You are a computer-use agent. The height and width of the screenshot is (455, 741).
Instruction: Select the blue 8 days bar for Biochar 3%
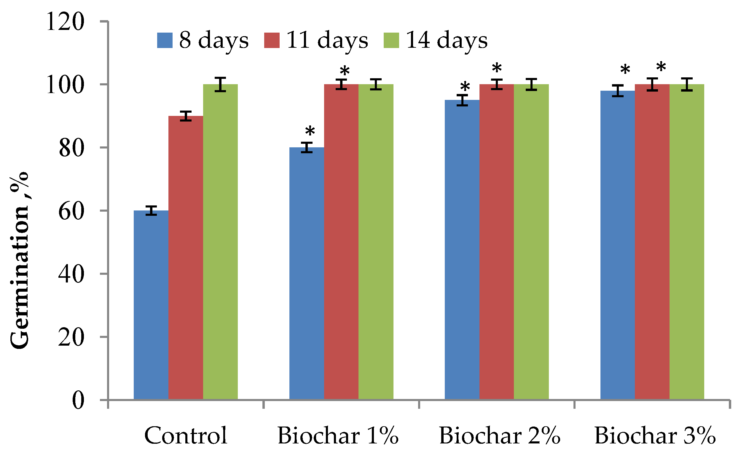[x=617, y=245]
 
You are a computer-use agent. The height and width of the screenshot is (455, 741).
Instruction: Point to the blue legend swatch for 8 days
[x=165, y=40]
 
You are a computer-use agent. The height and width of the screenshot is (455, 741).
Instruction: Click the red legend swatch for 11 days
[x=272, y=40]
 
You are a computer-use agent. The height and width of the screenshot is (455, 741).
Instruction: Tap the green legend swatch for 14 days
[x=391, y=40]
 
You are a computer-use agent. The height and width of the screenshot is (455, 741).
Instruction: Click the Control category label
[x=186, y=435]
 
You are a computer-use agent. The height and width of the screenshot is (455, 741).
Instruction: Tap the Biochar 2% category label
[x=499, y=435]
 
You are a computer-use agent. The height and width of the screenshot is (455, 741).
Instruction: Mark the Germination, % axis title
[x=20, y=260]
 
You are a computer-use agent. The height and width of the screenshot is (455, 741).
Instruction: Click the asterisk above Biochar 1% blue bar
[x=310, y=132]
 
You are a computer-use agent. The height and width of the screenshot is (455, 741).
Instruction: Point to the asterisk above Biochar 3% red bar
[x=661, y=67]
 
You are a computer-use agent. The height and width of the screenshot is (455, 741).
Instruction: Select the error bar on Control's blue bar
[x=151, y=211]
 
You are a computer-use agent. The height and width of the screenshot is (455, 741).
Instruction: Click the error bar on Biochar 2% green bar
[x=532, y=84]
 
